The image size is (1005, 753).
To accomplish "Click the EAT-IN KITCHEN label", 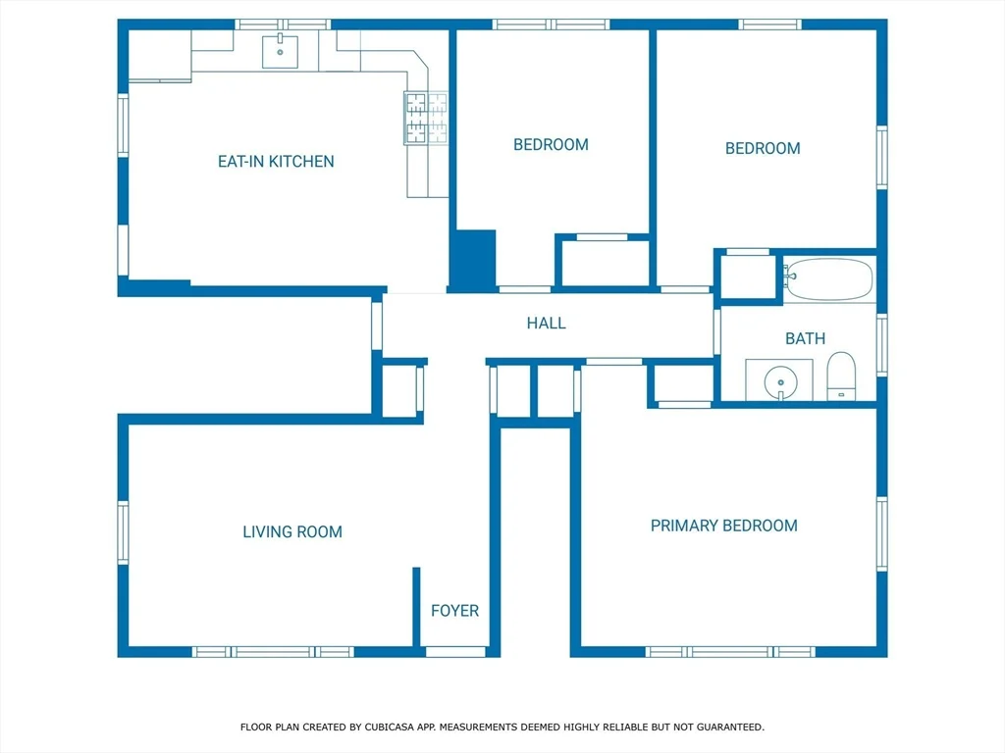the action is tap(276, 162).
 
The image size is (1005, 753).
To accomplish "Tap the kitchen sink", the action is tap(280, 51).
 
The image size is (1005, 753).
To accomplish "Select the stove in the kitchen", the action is tap(426, 118).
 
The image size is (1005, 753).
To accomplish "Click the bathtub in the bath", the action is tap(828, 279).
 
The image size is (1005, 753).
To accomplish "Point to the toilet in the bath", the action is tap(841, 376).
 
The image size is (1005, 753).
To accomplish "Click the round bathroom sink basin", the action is tap(780, 382).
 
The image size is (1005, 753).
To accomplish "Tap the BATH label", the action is tap(805, 338).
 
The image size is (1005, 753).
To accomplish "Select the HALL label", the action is tap(546, 324).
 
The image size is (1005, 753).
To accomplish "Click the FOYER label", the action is tap(454, 611).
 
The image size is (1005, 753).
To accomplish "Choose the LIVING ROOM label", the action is tap(292, 532).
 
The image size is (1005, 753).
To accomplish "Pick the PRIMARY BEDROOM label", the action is tap(724, 526).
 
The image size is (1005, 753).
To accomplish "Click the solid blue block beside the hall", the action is tap(472, 260).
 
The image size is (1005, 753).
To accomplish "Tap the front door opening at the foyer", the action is tap(455, 652).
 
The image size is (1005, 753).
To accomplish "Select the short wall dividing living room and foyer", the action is tap(416, 607).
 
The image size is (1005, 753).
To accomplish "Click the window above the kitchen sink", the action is tap(283, 25).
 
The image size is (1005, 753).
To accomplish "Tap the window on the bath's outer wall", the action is tap(882, 345).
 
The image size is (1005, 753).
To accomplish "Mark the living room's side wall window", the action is tap(123, 532).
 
